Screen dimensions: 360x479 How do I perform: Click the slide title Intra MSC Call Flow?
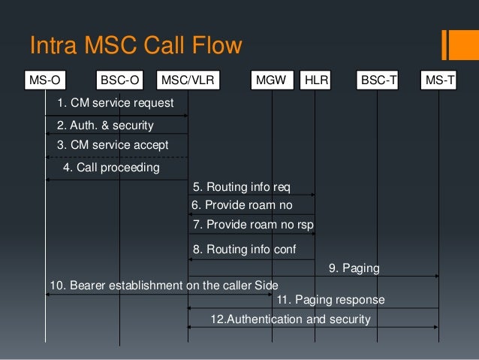click(135, 46)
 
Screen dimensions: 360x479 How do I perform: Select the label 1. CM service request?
click(115, 102)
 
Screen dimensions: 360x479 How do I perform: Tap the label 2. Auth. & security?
click(105, 125)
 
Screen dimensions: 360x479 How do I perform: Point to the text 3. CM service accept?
click(113, 145)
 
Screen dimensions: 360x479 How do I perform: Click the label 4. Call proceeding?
click(112, 168)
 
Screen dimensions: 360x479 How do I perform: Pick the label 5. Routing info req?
click(241, 186)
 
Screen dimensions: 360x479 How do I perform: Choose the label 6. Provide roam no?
click(242, 204)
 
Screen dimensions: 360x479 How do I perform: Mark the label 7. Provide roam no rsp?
click(252, 224)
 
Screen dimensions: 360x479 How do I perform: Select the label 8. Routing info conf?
click(244, 250)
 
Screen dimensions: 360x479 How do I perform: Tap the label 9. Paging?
click(354, 268)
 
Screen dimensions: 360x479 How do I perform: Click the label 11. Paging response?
click(330, 300)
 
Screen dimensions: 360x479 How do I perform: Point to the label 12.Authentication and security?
click(291, 319)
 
